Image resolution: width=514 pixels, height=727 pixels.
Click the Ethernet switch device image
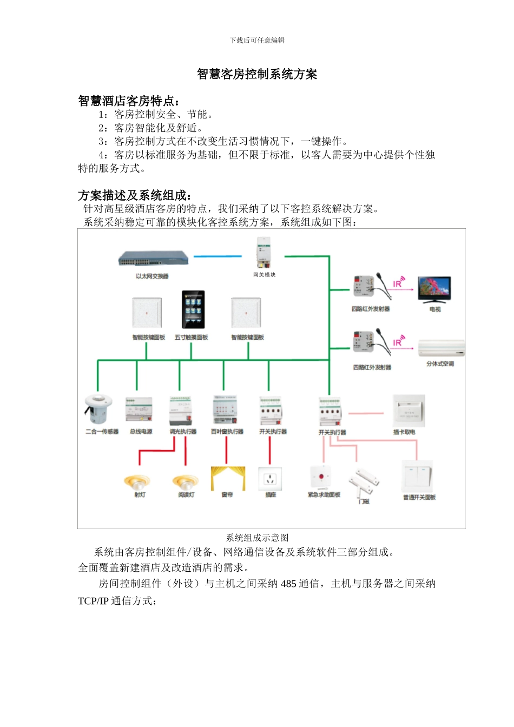[x=154, y=259]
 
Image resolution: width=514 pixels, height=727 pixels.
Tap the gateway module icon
[x=264, y=254]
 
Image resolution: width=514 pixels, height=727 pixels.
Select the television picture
[x=434, y=290]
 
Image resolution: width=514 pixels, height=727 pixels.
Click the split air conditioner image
[x=441, y=348]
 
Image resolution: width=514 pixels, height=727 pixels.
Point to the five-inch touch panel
[x=193, y=310]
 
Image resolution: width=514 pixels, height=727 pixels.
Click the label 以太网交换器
[x=152, y=276]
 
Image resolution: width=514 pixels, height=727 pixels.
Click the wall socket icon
[x=271, y=479]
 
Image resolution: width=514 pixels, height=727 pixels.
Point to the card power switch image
[x=408, y=411]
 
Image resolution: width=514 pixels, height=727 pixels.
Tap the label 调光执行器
[x=183, y=432]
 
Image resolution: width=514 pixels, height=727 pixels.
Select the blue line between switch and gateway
[x=218, y=256]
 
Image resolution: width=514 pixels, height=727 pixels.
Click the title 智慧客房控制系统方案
[x=257, y=74]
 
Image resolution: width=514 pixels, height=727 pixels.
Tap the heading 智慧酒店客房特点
[x=129, y=101]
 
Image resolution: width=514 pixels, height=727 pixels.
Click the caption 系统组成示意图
[x=257, y=538]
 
